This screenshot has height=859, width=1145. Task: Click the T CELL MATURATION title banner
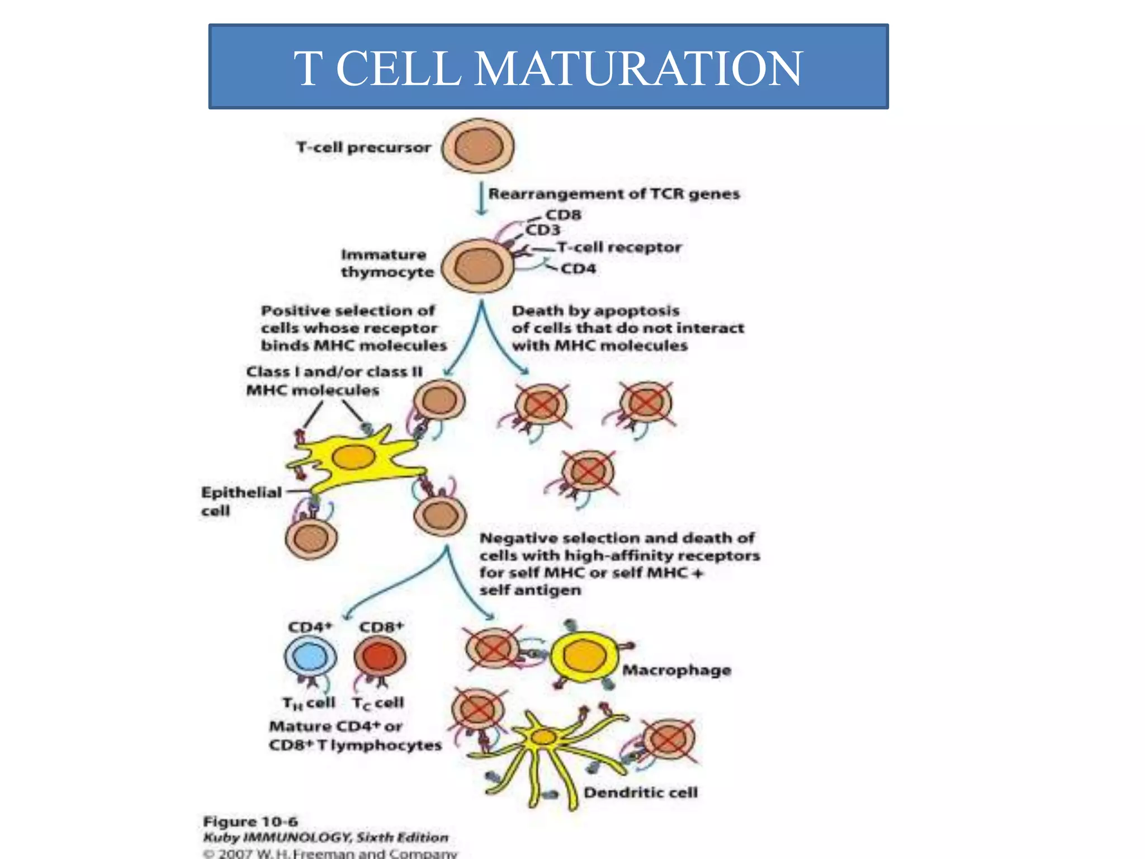[x=548, y=67]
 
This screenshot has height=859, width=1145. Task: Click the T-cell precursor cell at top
[x=477, y=147]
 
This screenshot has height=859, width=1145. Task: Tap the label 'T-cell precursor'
[x=363, y=148]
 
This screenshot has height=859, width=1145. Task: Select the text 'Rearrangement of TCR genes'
[x=614, y=194]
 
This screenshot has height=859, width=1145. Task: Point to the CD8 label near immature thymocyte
[x=563, y=215]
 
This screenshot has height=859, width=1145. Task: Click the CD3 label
[x=543, y=230]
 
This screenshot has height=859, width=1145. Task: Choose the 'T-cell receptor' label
[x=619, y=247]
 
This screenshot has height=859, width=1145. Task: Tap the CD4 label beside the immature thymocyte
[x=578, y=269]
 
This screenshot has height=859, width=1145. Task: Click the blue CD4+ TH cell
[x=311, y=657]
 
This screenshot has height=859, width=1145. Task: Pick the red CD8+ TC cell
[x=380, y=657]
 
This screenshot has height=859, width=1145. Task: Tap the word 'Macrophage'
[x=676, y=670]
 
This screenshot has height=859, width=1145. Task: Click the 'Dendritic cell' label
[x=640, y=792]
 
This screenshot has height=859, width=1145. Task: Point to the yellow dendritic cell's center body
[x=542, y=738]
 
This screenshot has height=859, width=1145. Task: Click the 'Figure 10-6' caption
[x=250, y=822]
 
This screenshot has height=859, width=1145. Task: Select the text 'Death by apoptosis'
[x=595, y=310]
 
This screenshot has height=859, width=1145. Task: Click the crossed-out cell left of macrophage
[x=493, y=649]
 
